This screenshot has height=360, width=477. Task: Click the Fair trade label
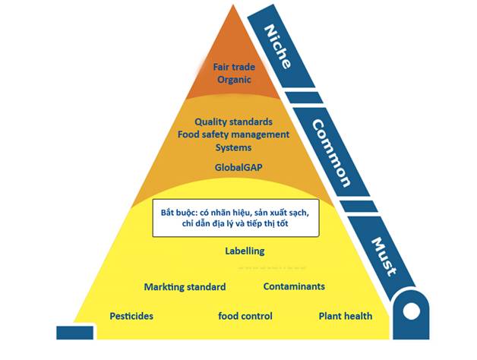[x=232, y=66]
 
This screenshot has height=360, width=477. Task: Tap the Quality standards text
[x=233, y=121]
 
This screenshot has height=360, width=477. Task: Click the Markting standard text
[x=185, y=287]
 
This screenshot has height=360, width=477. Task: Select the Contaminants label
[x=294, y=286]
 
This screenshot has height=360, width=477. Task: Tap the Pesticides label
[x=131, y=315]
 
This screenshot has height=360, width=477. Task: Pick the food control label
[x=245, y=315]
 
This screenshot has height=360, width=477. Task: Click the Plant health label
[x=345, y=315]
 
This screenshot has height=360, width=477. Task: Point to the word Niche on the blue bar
[x=276, y=46]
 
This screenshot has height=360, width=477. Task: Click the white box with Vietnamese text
[x=235, y=218]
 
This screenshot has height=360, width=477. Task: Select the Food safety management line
[x=233, y=134]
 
